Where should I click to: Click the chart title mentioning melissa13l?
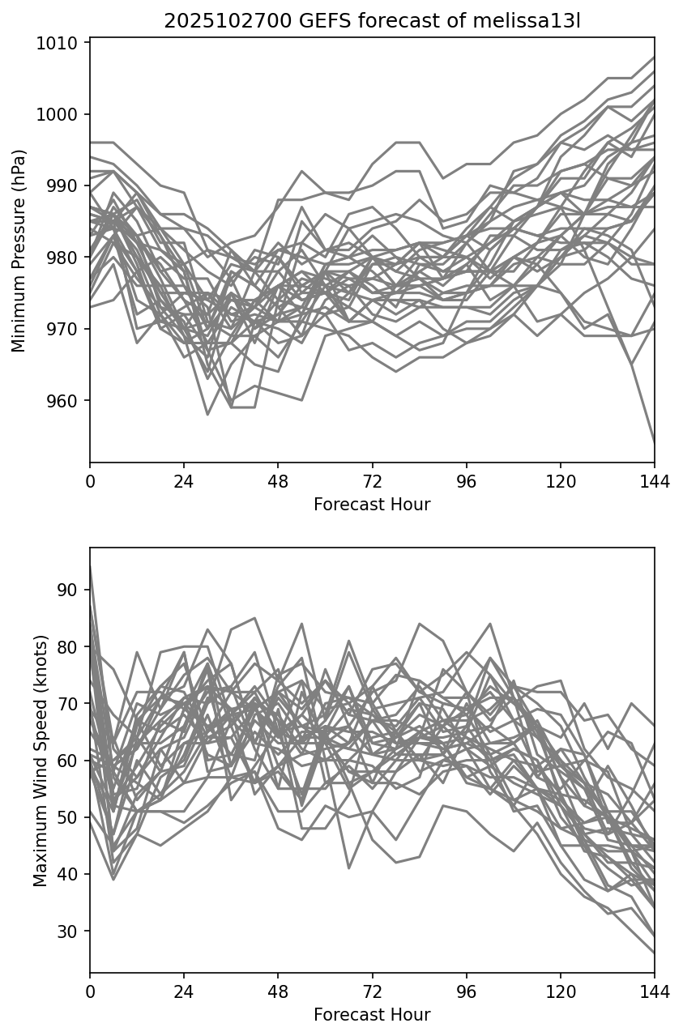372,21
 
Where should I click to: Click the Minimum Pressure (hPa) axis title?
19,250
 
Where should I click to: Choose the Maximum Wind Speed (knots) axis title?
41,760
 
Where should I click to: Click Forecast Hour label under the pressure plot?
372,505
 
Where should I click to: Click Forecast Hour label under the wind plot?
372,1015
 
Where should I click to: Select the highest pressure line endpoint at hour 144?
654,58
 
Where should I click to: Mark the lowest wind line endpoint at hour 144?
654,953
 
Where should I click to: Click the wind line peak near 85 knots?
254,618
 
